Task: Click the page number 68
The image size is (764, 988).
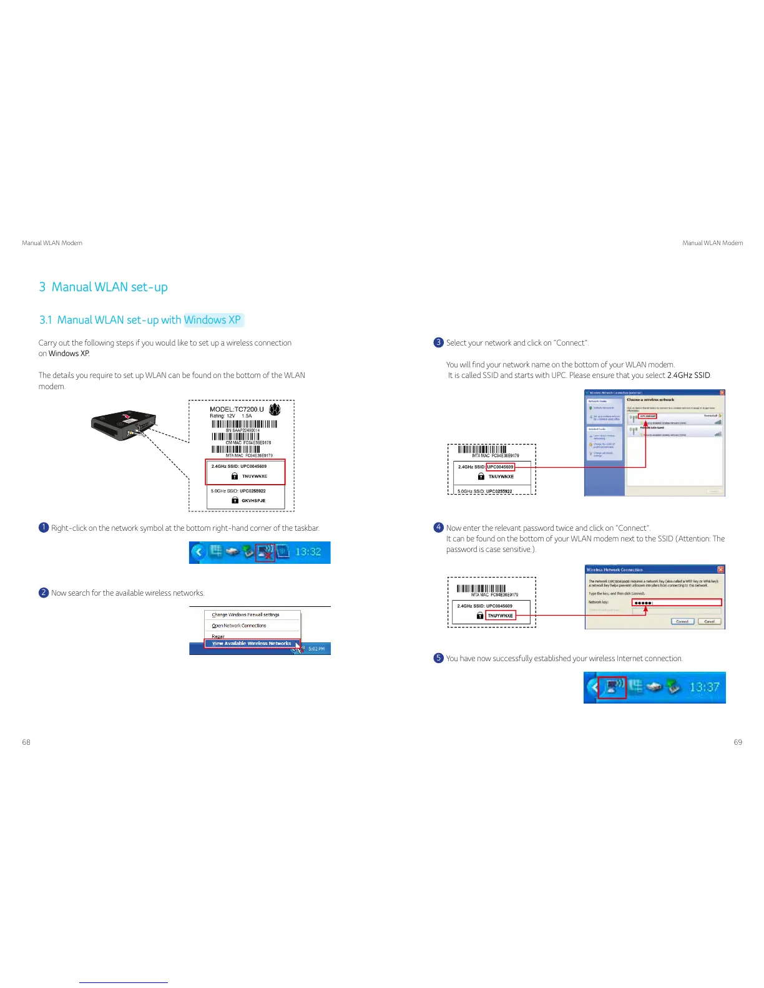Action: tap(26, 742)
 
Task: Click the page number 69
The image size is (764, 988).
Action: tap(738, 742)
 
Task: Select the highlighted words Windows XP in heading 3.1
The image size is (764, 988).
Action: tap(212, 320)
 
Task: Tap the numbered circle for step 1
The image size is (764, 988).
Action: tap(44, 528)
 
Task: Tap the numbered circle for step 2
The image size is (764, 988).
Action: tap(44, 593)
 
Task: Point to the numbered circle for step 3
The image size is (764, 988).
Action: tap(438, 342)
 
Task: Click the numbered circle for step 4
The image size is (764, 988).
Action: tap(438, 528)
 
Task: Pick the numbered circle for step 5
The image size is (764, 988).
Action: tap(438, 658)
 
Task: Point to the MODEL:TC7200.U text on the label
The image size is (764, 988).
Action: tap(237, 409)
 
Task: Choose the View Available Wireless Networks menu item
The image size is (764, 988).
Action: tap(252, 643)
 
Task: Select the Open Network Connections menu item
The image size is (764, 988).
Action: tap(239, 625)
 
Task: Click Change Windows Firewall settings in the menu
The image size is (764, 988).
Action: tap(245, 614)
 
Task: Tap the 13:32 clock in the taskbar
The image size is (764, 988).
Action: tap(308, 552)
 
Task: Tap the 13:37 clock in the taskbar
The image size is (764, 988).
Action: tap(704, 687)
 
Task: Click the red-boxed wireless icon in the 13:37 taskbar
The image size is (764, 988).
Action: tap(612, 687)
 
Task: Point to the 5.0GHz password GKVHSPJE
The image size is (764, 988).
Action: tap(253, 500)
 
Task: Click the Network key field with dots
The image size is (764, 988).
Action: tap(677, 603)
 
